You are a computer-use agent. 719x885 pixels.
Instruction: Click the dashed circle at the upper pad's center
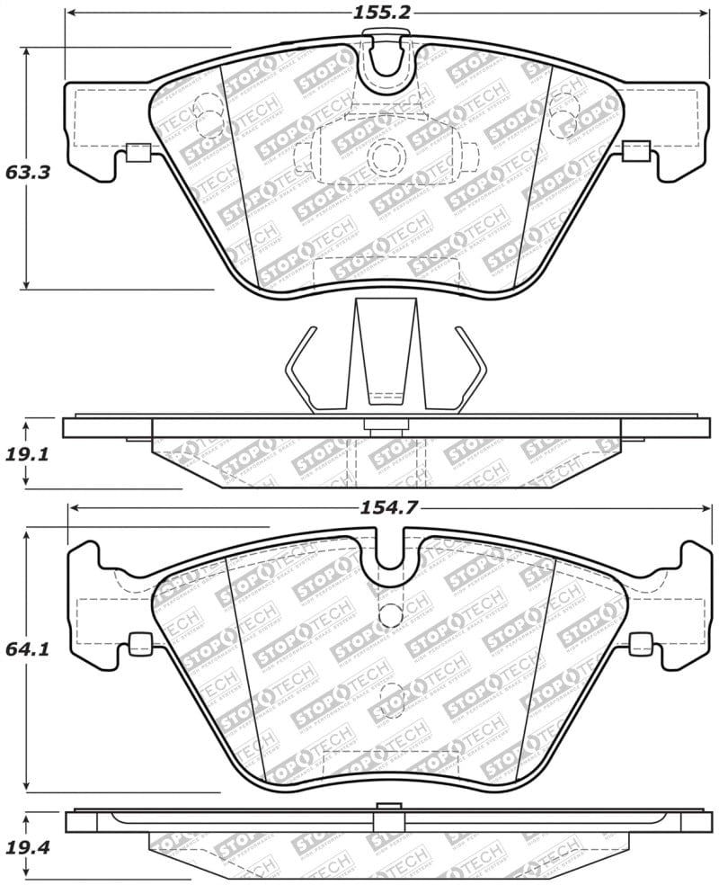388,156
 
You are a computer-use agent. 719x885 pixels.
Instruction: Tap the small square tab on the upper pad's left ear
138,152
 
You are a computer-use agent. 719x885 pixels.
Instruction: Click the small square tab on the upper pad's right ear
636,151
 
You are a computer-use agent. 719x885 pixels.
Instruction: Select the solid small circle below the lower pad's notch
391,614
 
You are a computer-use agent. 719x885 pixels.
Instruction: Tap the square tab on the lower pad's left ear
140,643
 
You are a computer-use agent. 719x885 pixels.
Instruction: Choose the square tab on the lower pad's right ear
640,643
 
